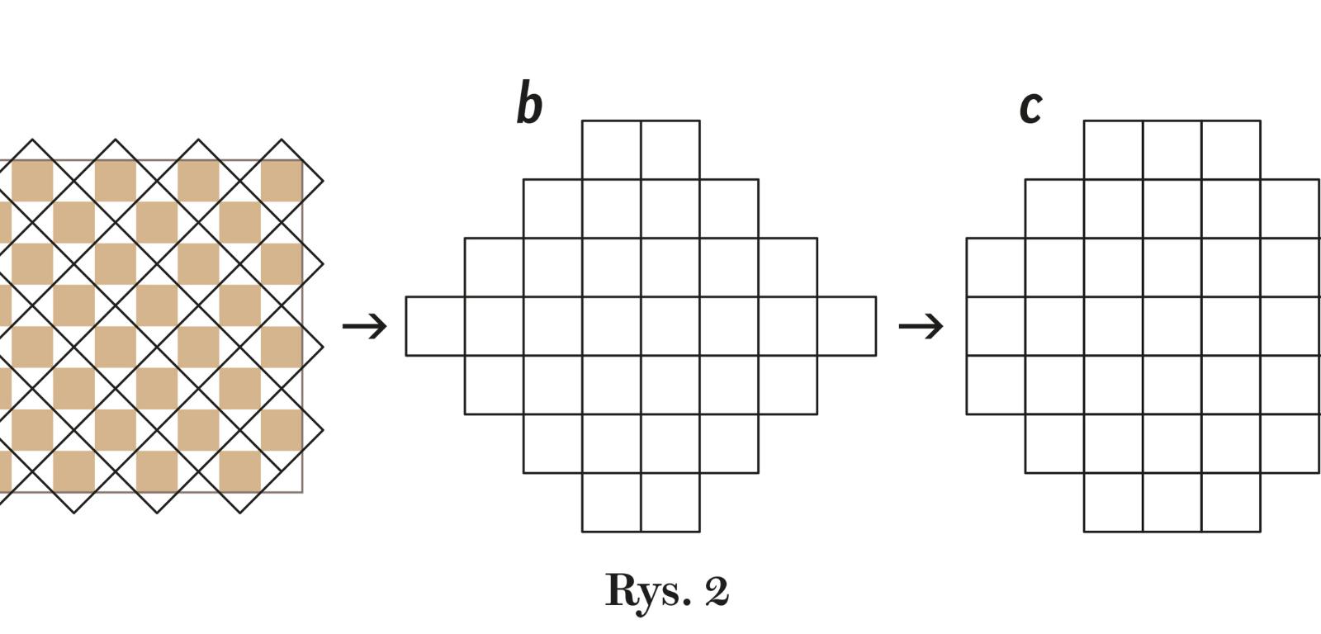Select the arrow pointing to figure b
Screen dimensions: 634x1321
click(365, 325)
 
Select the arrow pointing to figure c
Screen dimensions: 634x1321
click(921, 325)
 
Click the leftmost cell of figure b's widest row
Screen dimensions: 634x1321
click(435, 326)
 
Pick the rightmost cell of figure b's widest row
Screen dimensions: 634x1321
click(846, 326)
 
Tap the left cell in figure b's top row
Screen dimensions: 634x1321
click(612, 149)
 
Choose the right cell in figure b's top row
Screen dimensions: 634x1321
click(670, 149)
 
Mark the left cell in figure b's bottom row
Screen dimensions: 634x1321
click(612, 502)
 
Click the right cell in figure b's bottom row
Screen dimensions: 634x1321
click(670, 502)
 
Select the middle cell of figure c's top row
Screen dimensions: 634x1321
click(1172, 149)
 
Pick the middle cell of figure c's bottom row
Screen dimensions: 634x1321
click(1172, 502)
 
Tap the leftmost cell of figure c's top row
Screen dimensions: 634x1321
click(1114, 149)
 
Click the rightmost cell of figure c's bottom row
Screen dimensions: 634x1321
click(1231, 502)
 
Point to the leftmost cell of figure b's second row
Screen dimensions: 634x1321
click(552, 208)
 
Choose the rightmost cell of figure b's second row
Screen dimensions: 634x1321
click(729, 208)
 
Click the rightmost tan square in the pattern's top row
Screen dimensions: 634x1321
click(282, 181)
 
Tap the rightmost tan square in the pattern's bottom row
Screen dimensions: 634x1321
click(240, 471)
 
